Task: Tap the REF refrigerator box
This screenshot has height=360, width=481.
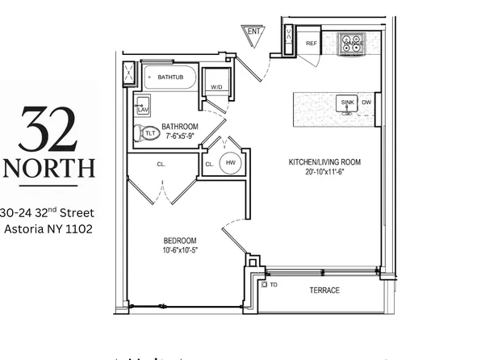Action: click(x=312, y=44)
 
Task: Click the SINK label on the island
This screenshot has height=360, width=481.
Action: click(x=347, y=103)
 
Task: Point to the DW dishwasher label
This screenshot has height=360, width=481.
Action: click(x=366, y=103)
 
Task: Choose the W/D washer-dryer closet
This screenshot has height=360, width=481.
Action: click(x=216, y=87)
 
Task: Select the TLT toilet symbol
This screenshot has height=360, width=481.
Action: click(x=148, y=133)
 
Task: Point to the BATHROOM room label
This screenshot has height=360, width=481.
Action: click(x=180, y=127)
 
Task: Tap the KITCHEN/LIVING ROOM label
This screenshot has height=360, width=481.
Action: click(x=324, y=162)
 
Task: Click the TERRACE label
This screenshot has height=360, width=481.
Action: click(x=324, y=291)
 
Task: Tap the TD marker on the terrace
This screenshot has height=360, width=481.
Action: click(x=272, y=285)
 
